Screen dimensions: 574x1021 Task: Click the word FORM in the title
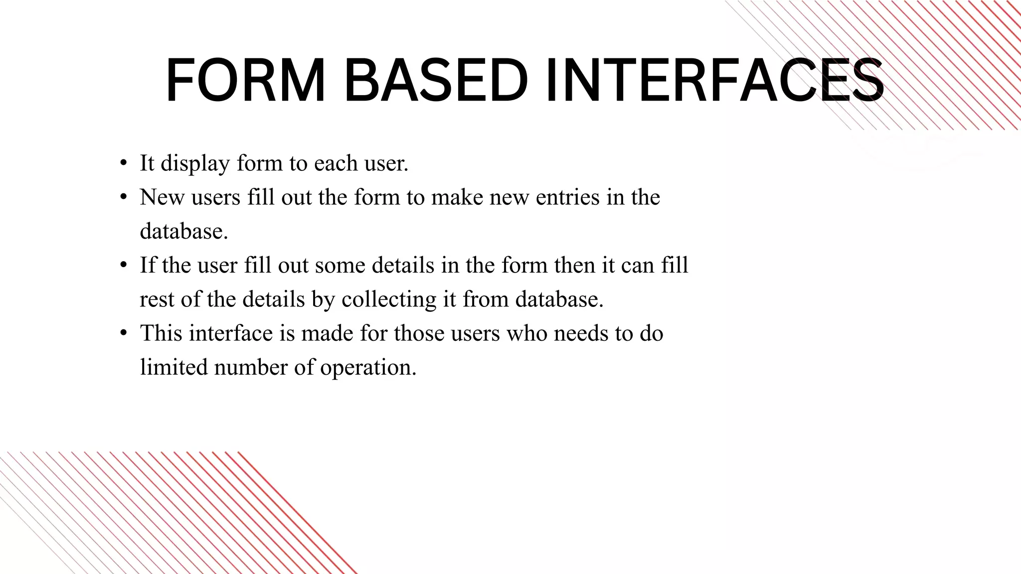point(245,81)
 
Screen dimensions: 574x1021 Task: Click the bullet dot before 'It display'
point(123,163)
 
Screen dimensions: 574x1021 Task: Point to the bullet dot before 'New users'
point(123,197)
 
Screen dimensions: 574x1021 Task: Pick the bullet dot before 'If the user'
point(123,265)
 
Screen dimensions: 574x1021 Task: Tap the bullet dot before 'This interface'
point(123,333)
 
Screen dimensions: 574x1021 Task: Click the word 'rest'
point(157,299)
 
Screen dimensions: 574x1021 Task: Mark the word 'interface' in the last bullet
point(231,333)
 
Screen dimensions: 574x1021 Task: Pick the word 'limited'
point(173,367)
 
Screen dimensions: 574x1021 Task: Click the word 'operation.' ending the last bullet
point(368,368)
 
